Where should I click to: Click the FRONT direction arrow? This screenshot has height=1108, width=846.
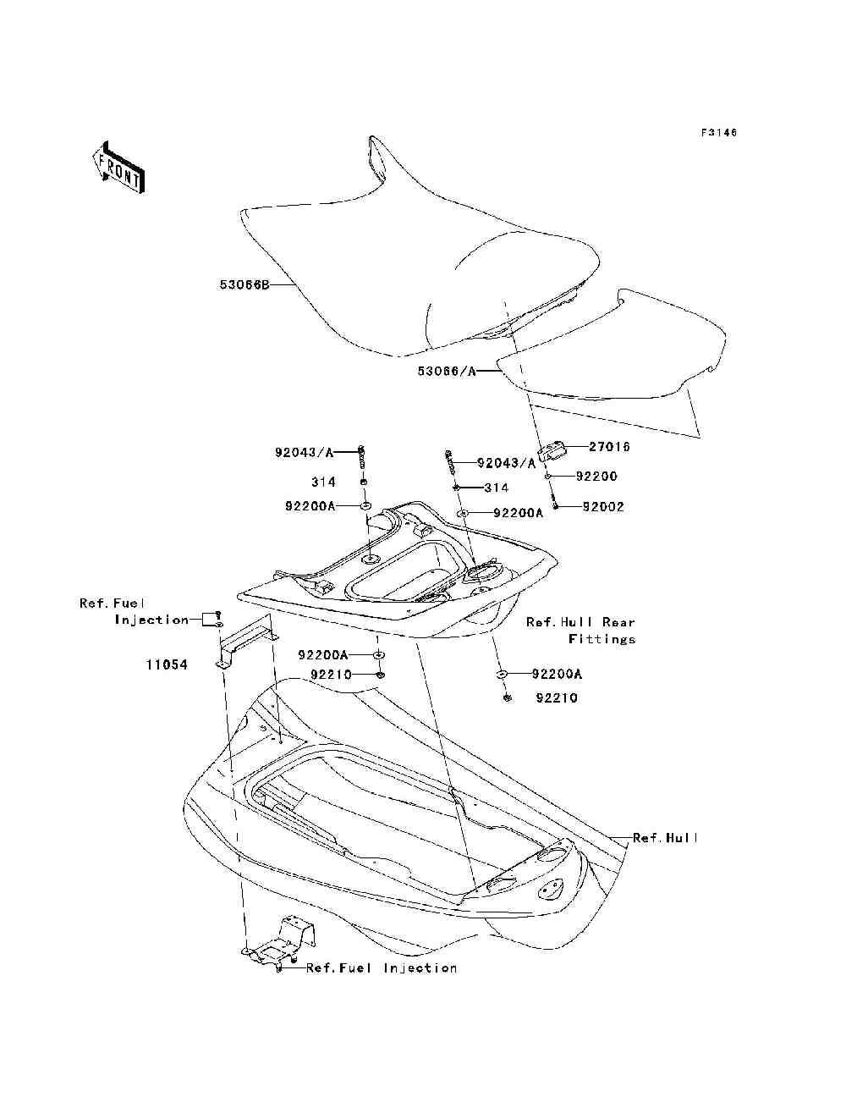point(118,167)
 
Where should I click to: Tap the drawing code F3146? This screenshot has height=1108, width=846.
point(719,133)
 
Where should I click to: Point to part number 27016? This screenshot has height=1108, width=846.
point(610,446)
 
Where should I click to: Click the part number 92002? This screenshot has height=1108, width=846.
point(603,507)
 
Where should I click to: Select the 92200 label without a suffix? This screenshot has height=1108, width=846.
point(596,477)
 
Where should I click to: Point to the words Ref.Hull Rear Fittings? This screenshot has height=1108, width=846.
point(580,631)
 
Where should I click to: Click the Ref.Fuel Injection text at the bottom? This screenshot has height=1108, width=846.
point(382,967)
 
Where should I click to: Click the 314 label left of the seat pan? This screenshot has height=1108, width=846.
point(323,482)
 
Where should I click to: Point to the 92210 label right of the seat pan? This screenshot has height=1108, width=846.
point(557,698)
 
